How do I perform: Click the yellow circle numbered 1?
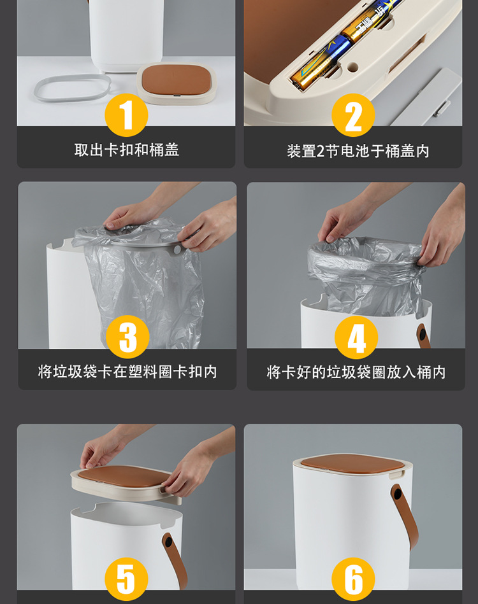tap(127, 115)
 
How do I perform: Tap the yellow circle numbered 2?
tap(353, 115)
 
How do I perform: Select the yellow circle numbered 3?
tap(127, 337)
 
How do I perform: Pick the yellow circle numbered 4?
tap(356, 337)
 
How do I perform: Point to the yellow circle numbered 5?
tap(126, 579)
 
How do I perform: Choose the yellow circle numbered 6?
tap(353, 579)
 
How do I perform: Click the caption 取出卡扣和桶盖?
tap(126, 150)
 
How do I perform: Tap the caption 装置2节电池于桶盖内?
tap(358, 151)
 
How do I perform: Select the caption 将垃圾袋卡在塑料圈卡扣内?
tap(127, 372)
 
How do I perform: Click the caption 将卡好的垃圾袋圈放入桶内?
tap(356, 372)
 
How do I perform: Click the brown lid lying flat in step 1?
tap(176, 80)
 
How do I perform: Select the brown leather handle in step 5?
tap(173, 560)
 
